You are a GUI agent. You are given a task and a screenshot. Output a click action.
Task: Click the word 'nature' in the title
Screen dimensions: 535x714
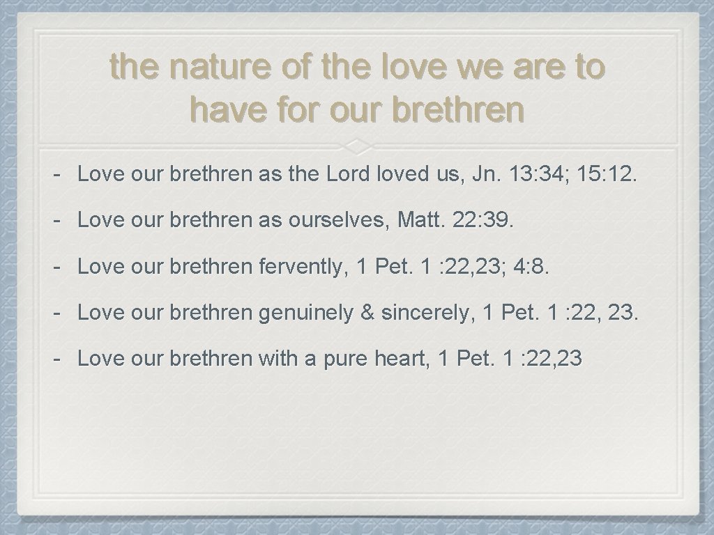213,68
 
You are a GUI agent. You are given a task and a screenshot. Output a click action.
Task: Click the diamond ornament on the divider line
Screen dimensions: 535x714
356,145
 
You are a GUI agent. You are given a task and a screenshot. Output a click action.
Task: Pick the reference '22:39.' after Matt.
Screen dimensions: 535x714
485,221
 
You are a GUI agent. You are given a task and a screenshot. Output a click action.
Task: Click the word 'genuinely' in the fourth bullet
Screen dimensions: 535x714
306,313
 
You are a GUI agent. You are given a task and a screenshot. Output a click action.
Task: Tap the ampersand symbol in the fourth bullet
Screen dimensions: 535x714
367,313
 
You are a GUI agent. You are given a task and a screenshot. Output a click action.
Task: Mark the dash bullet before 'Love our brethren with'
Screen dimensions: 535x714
59,359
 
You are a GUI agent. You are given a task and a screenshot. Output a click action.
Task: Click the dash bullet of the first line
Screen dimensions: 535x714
59,175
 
